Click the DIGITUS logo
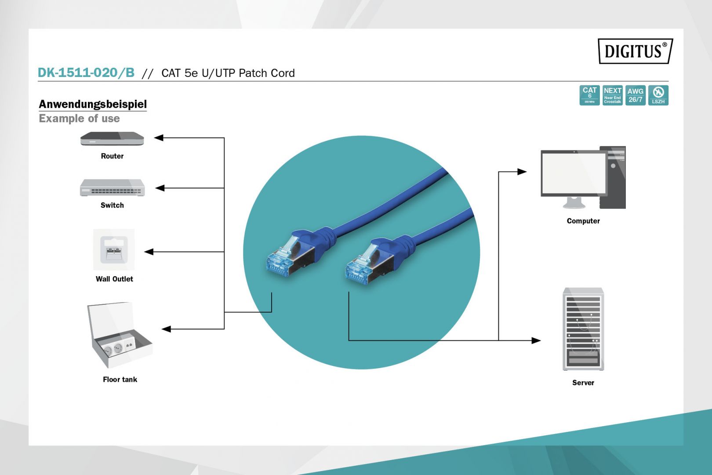point(635,51)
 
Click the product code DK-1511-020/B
point(86,73)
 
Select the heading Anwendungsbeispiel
point(93,104)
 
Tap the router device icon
point(112,139)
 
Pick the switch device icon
point(112,188)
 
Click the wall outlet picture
point(114,249)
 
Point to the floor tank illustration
point(119,335)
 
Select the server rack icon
point(583,329)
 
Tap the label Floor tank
point(120,380)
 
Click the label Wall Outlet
point(114,279)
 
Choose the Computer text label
point(583,221)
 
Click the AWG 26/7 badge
point(636,95)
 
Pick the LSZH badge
point(658,95)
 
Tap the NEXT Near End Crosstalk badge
point(612,95)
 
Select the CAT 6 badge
point(589,95)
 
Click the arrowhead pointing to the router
point(159,138)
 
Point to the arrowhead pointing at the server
point(536,340)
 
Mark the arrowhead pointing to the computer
point(522,172)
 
